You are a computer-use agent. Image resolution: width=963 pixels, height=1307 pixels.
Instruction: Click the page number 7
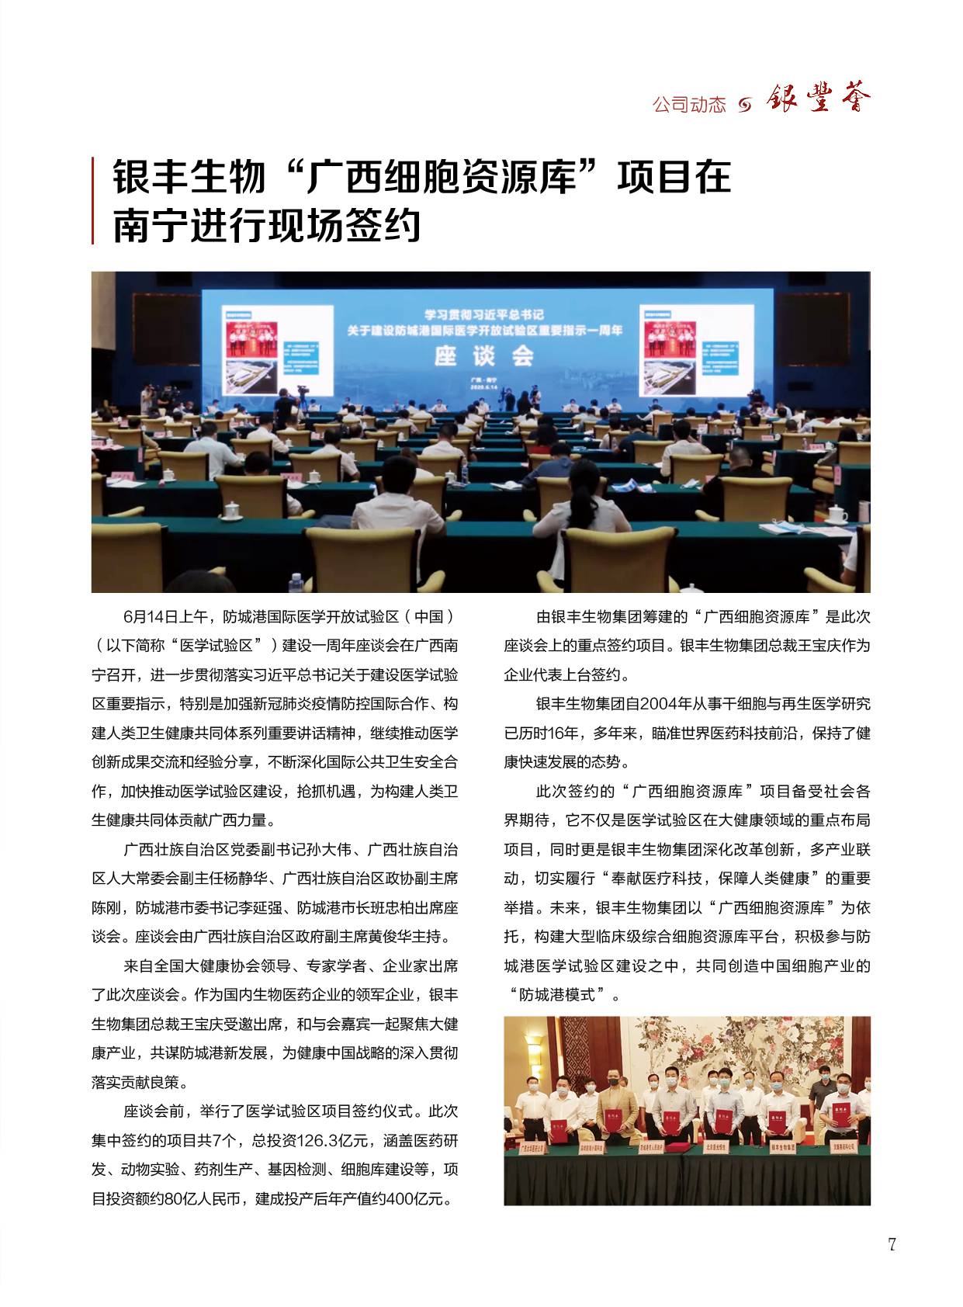[x=892, y=1245]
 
